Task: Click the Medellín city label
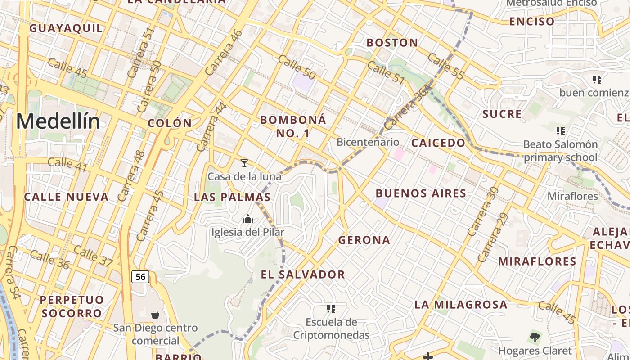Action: pyautogui.click(x=58, y=122)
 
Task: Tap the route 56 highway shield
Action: pyautogui.click(x=140, y=276)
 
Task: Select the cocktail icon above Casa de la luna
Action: pyautogui.click(x=244, y=163)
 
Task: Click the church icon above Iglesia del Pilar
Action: pyautogui.click(x=248, y=219)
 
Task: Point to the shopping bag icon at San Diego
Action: pyautogui.click(x=155, y=314)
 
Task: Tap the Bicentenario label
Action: pyautogui.click(x=368, y=142)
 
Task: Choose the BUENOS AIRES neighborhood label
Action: pyautogui.click(x=421, y=193)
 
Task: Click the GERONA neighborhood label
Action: pyautogui.click(x=364, y=240)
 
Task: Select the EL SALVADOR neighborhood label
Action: pyautogui.click(x=303, y=274)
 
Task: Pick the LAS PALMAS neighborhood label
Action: pyautogui.click(x=232, y=197)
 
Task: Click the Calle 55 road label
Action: pyautogui.click(x=445, y=66)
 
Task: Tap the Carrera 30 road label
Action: pyautogui.click(x=482, y=211)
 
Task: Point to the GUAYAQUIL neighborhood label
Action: pyautogui.click(x=66, y=28)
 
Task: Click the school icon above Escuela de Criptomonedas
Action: pyautogui.click(x=331, y=309)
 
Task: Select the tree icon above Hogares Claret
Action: pyautogui.click(x=535, y=337)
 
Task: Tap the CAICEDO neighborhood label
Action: pyautogui.click(x=438, y=143)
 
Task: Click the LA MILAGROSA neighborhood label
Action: pyautogui.click(x=461, y=305)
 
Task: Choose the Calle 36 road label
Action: pyautogui.click(x=49, y=260)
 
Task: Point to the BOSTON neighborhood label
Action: pyautogui.click(x=392, y=43)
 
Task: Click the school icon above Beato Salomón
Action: pyautogui.click(x=560, y=131)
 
